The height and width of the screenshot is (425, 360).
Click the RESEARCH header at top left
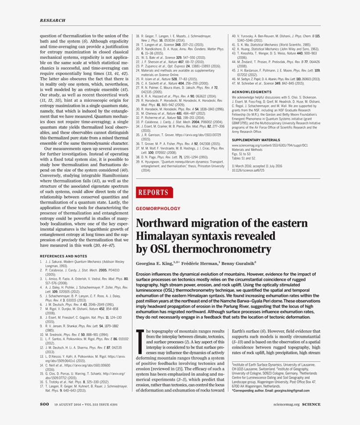tap(52, 20)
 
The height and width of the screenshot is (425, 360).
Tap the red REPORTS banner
tap(154, 192)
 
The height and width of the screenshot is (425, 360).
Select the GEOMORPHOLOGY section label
tap(158, 208)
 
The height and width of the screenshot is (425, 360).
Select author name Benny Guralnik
tap(240, 264)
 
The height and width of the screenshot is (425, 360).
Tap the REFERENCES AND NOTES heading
tap(64, 256)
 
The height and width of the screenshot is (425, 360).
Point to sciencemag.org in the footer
tap(286, 404)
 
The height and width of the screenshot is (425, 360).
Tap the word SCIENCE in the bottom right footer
tap(311, 404)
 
